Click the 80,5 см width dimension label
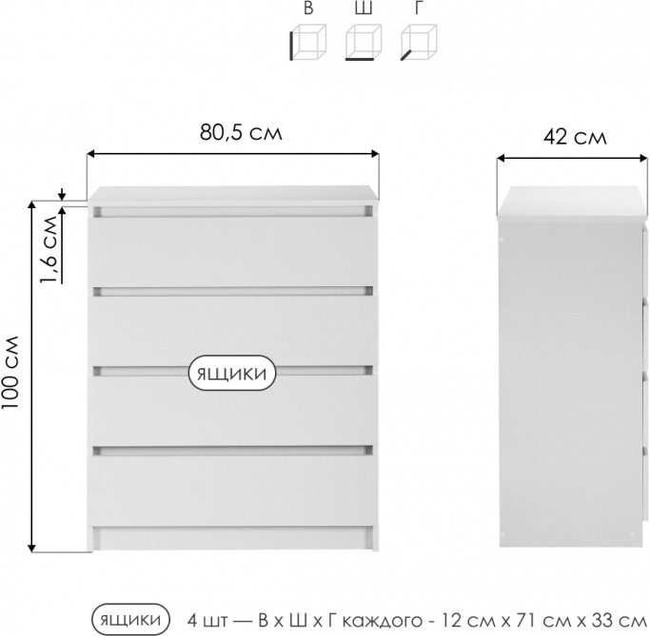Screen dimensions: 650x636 pos(241,132)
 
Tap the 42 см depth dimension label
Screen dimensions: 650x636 pos(575,137)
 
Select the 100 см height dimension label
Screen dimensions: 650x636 pos(10,373)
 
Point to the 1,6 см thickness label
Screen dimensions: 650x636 pos(49,249)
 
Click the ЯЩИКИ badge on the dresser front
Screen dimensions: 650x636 pos(232,373)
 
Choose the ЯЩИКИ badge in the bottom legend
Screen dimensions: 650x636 pos(130,620)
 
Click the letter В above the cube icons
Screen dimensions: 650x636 pos(308,8)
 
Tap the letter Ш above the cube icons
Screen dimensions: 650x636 pos(364,8)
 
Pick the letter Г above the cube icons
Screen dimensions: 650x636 pos(419,8)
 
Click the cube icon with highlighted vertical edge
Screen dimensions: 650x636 pos(308,42)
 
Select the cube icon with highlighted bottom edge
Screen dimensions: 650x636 pos(364,42)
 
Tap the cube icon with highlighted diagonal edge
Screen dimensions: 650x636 pos(419,42)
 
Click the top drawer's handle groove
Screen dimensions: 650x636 pos(232,212)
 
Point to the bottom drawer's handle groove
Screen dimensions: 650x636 pos(232,451)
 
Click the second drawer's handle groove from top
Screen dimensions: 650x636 pos(232,291)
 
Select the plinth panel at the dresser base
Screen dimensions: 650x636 pos(232,538)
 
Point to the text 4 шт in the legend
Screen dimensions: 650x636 pos(207,620)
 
